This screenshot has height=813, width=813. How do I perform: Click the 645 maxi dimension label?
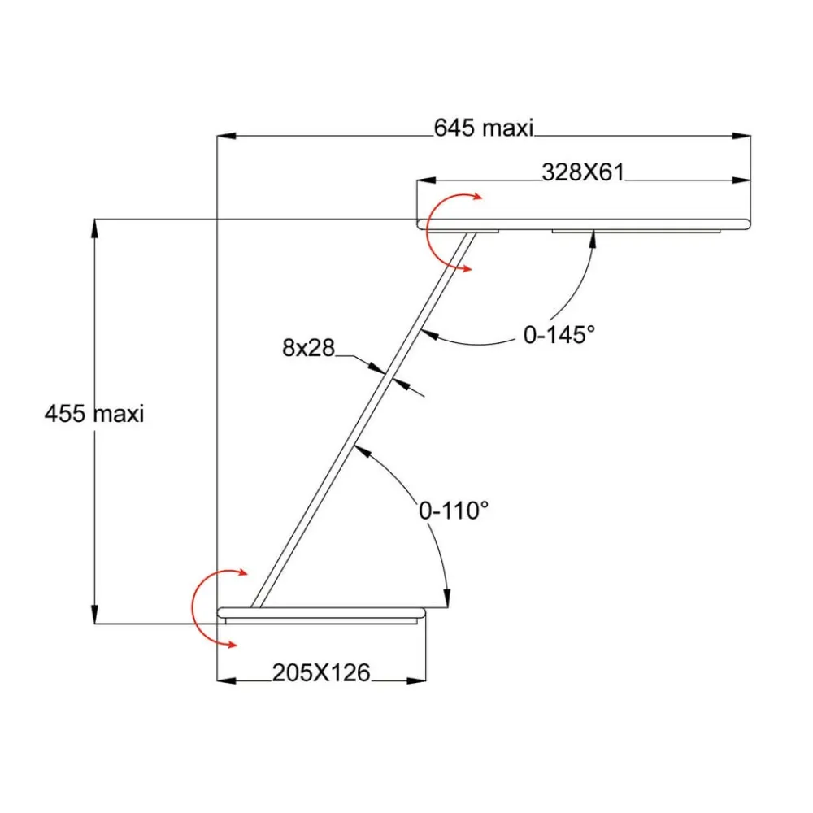point(483,128)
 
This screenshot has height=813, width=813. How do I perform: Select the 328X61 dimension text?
point(583,172)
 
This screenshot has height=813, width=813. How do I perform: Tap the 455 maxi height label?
point(93,414)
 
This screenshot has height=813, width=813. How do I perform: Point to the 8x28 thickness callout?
point(308,347)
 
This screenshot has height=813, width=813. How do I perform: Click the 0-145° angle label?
point(559,335)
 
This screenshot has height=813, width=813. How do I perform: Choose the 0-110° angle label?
point(453,511)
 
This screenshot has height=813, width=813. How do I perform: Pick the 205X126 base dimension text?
point(321,672)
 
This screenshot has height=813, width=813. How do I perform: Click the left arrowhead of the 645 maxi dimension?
point(226,136)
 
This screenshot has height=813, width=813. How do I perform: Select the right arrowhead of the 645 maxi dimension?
point(741,136)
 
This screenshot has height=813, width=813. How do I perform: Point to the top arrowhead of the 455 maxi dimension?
point(94,228)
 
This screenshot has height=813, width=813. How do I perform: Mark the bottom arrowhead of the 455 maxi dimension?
point(94,614)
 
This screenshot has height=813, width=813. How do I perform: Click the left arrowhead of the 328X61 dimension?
point(426,180)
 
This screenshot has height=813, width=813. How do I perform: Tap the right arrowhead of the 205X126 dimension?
point(416,680)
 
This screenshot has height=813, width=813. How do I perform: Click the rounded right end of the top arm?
point(748,224)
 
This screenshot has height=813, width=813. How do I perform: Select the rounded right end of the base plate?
point(422,613)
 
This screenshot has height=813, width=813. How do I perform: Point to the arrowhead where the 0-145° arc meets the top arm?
point(593,241)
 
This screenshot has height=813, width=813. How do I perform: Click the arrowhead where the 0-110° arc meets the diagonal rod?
point(363,451)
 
